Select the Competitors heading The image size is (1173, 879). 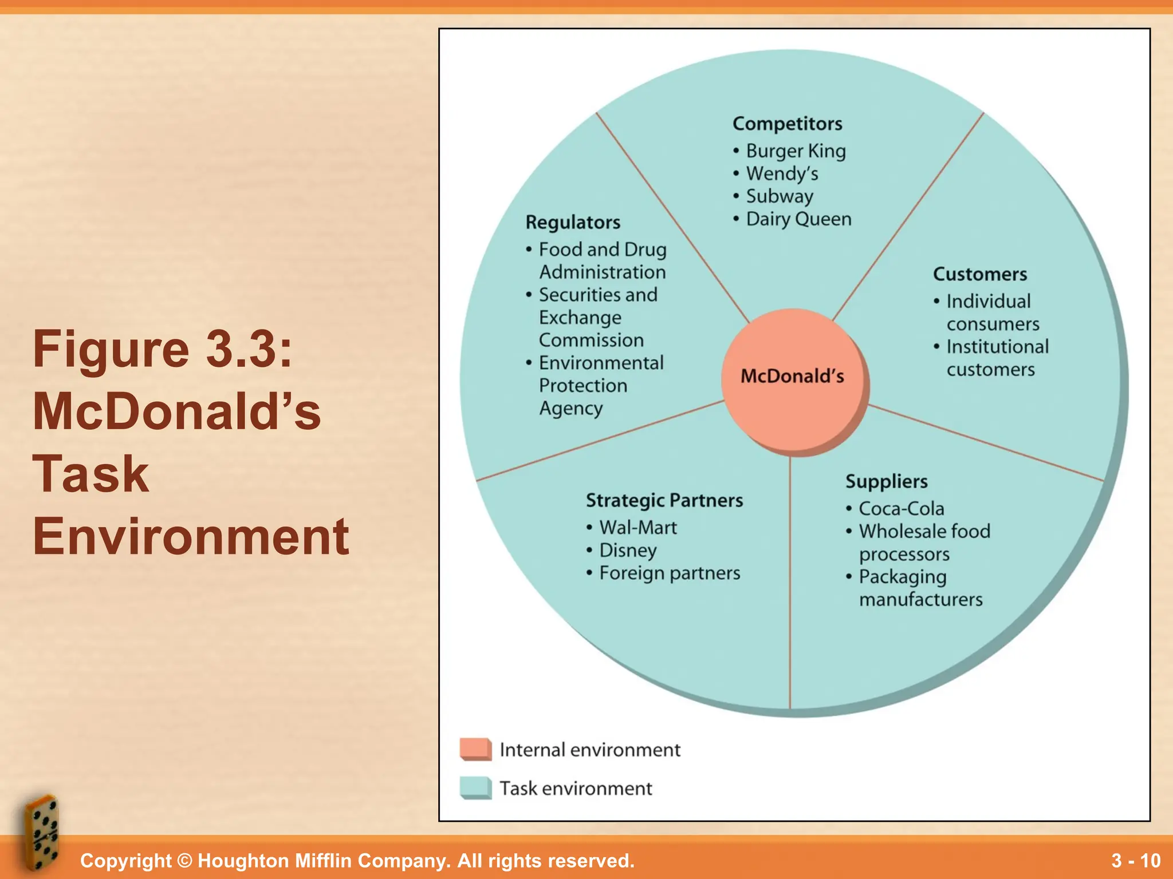pyautogui.click(x=787, y=124)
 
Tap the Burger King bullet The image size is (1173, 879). pyautogui.click(x=795, y=151)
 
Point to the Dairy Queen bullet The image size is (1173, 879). pyautogui.click(x=798, y=219)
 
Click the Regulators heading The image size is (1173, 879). pyautogui.click(x=572, y=222)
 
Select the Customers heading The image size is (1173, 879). pyautogui.click(x=979, y=274)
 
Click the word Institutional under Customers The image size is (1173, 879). pyautogui.click(x=997, y=347)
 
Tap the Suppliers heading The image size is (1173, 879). pyautogui.click(x=886, y=481)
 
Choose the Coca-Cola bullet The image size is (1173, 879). pyautogui.click(x=901, y=509)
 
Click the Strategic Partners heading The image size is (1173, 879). pyautogui.click(x=664, y=500)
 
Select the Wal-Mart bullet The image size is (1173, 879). pyautogui.click(x=637, y=528)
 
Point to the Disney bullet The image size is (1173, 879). pyautogui.click(x=628, y=551)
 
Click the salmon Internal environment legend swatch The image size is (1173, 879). pyautogui.click(x=475, y=749)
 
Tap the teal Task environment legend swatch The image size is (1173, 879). pyautogui.click(x=475, y=788)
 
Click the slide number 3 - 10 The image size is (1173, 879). pyautogui.click(x=1135, y=861)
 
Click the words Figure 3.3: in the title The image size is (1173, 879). pyautogui.click(x=163, y=349)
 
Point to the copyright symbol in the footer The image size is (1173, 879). pyautogui.click(x=184, y=861)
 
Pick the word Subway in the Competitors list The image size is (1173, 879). pyautogui.click(x=779, y=196)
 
